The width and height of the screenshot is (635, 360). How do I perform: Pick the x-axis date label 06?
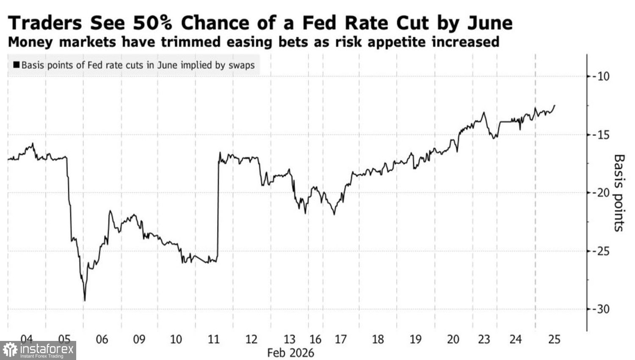[102, 340]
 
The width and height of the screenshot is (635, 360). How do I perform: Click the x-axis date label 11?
[214, 340]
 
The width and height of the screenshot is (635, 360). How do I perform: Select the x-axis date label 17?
[340, 340]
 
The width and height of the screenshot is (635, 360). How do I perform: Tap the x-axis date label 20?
[453, 340]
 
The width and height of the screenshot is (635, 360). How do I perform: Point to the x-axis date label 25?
[554, 340]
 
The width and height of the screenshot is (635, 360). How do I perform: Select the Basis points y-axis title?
[619, 193]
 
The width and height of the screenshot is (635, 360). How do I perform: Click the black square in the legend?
[17, 65]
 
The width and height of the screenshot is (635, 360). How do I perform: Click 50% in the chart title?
[152, 23]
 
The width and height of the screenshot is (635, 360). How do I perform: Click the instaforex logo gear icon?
[10, 350]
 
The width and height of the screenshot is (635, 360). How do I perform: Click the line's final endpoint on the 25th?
[555, 105]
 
